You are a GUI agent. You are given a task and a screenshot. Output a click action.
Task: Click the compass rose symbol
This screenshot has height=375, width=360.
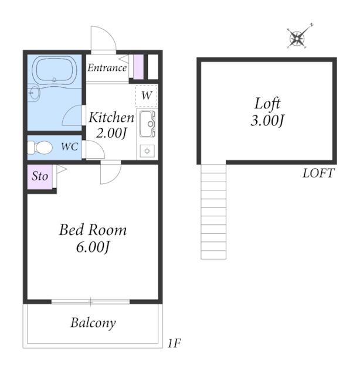[x=297, y=37]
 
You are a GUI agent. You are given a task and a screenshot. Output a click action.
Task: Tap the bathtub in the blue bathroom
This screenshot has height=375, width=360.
[x=54, y=69]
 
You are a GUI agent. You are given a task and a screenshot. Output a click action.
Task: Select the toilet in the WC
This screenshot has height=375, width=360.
[x=40, y=148]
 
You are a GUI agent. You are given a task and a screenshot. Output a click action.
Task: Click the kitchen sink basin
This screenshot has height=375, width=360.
[x=147, y=124]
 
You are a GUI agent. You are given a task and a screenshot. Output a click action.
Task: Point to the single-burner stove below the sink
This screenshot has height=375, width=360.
[x=147, y=151]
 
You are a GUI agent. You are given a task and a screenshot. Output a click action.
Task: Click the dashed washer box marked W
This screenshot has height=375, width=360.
[x=147, y=96]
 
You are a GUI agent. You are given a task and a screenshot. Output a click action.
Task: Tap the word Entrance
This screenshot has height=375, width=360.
[x=107, y=68]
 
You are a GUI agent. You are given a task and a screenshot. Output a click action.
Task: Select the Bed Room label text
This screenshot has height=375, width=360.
[x=93, y=230]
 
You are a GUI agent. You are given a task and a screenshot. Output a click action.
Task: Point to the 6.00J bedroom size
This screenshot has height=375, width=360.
[x=93, y=247]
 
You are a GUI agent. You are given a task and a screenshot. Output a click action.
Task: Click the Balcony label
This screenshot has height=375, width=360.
[x=93, y=323]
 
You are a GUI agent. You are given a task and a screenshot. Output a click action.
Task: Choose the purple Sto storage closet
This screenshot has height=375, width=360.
[x=40, y=176]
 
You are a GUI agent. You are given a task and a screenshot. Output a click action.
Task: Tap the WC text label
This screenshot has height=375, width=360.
[x=69, y=146]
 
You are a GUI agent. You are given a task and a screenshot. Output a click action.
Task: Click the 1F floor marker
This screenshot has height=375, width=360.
[x=174, y=343]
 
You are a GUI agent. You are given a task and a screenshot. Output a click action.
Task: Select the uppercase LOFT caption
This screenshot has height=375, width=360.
[x=318, y=173]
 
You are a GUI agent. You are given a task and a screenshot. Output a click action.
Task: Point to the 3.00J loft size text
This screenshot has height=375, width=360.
[x=267, y=120]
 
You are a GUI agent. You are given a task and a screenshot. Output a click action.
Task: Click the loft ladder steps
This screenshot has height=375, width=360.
[x=213, y=212]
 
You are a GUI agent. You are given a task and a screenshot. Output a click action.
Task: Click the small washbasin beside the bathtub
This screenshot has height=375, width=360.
[x=35, y=93]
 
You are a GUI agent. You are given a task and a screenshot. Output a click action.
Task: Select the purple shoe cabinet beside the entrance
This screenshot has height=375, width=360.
[x=138, y=67]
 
